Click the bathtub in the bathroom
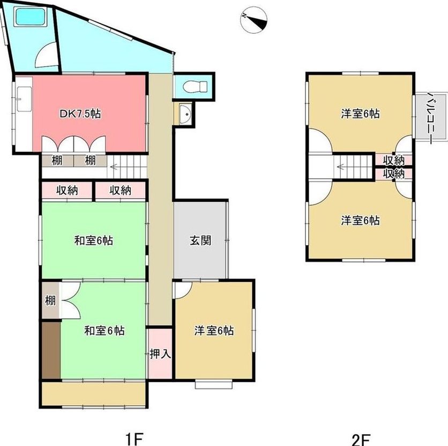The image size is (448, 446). pyautogui.click(x=31, y=17)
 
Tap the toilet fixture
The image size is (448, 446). pyautogui.click(x=195, y=87)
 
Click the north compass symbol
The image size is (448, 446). pyautogui.click(x=253, y=20)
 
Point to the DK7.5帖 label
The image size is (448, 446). pyautogui.click(x=80, y=114)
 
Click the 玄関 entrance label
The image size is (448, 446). pyautogui.click(x=200, y=240)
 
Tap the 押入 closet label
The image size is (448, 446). pyautogui.click(x=160, y=354)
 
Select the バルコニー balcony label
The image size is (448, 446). pyautogui.click(x=432, y=117)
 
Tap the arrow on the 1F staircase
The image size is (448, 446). pyautogui.click(x=114, y=166)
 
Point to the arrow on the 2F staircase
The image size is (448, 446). pyautogui.click(x=341, y=166)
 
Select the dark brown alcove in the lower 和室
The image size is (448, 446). pyautogui.click(x=51, y=350)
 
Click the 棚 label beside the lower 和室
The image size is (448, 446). pyautogui.click(x=50, y=301)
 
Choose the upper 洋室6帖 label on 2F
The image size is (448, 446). pyautogui.click(x=360, y=114)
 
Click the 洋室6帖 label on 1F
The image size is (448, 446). pyautogui.click(x=214, y=331)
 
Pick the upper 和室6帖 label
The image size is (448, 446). pyautogui.click(x=94, y=240)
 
